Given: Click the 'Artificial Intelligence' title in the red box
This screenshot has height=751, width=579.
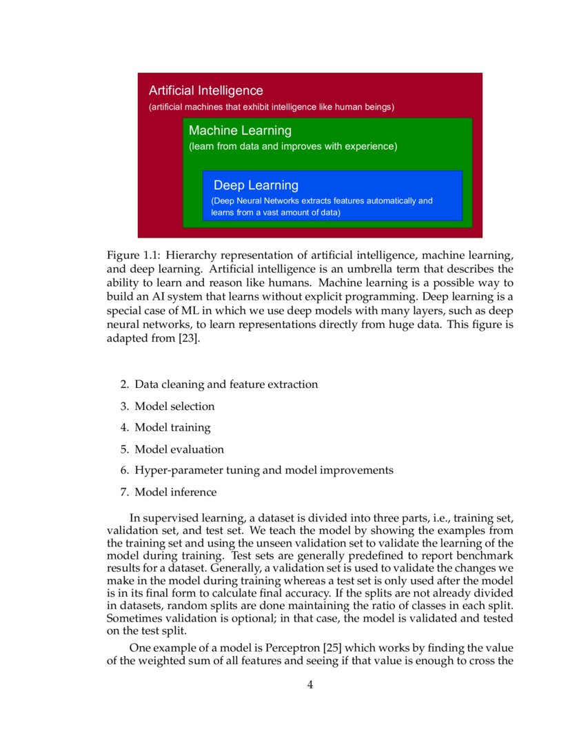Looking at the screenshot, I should pos(205,91).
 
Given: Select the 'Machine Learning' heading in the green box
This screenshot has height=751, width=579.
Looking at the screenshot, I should pos(240,131).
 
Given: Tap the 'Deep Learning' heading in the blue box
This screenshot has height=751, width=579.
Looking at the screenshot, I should pos(256,185).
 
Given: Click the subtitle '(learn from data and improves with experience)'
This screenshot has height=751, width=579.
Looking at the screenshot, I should pos(293,147).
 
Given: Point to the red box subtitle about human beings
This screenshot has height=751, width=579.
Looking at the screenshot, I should pos(272,107).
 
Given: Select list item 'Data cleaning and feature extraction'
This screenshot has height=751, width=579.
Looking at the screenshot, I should pos(226,384).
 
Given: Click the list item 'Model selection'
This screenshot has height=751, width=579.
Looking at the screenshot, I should pos(174,407).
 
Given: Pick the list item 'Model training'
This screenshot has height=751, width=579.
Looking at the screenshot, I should pos(172,428).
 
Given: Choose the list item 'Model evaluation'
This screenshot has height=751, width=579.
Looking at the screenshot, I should pos(179,449).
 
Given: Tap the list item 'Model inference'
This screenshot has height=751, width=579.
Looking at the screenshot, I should pos(175,493).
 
